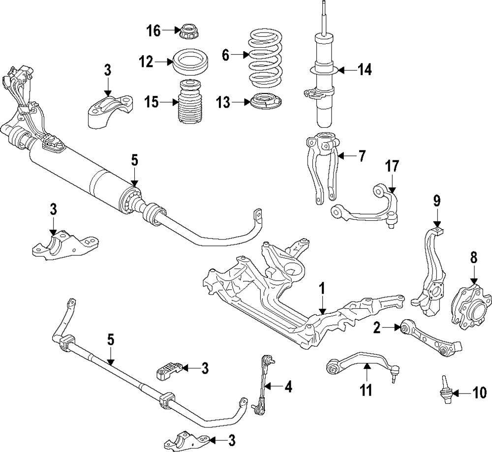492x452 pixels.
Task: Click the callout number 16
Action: [x=154, y=31]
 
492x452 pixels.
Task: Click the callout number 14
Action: [x=364, y=70]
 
